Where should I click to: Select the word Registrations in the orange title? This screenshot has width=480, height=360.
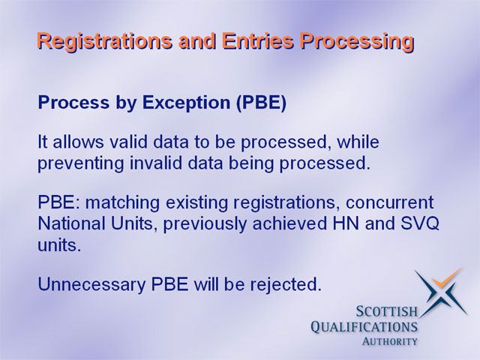tap(104, 42)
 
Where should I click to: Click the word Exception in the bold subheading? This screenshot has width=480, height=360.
tap(186, 103)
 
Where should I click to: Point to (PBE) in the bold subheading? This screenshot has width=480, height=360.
tap(262, 103)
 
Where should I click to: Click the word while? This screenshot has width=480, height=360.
tap(358, 142)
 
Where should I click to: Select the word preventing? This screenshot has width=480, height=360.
tap(81, 163)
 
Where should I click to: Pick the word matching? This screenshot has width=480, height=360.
tap(122, 203)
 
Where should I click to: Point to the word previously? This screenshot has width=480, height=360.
tap(205, 224)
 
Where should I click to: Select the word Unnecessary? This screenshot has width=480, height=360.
tap(91, 284)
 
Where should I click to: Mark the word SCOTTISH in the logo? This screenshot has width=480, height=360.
tap(387, 311)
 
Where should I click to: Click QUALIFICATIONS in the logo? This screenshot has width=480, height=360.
tap(364, 327)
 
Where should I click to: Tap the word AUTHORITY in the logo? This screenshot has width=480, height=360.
tap(390, 341)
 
